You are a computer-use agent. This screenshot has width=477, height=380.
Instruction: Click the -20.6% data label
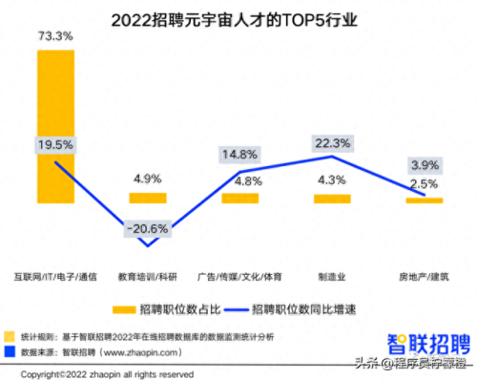click(147, 229)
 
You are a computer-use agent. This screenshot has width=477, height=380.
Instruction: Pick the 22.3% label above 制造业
click(331, 143)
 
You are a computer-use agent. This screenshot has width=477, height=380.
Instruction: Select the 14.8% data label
click(239, 154)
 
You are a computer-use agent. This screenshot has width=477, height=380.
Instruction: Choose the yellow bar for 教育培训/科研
click(147, 198)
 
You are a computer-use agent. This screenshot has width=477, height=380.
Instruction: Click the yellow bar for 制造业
click(331, 198)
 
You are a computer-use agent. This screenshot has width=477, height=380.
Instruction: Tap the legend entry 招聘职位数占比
click(168, 308)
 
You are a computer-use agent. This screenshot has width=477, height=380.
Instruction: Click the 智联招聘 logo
click(426, 342)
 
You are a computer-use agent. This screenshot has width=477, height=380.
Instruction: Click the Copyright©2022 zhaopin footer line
click(100, 373)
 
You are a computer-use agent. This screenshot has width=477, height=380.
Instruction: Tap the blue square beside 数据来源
click(10, 351)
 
